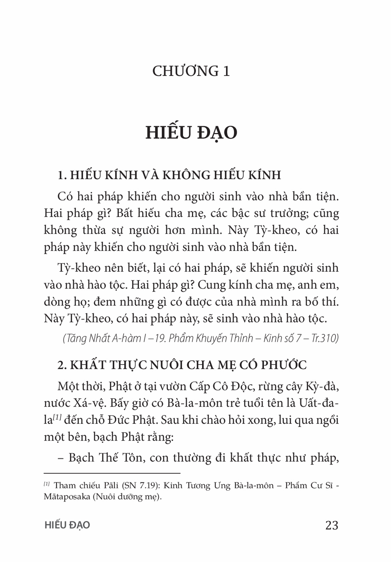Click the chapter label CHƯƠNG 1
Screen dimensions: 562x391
[191, 71]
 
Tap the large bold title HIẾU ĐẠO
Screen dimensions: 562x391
[191, 133]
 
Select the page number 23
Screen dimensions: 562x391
[332, 525]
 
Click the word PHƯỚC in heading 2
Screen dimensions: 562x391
[283, 365]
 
